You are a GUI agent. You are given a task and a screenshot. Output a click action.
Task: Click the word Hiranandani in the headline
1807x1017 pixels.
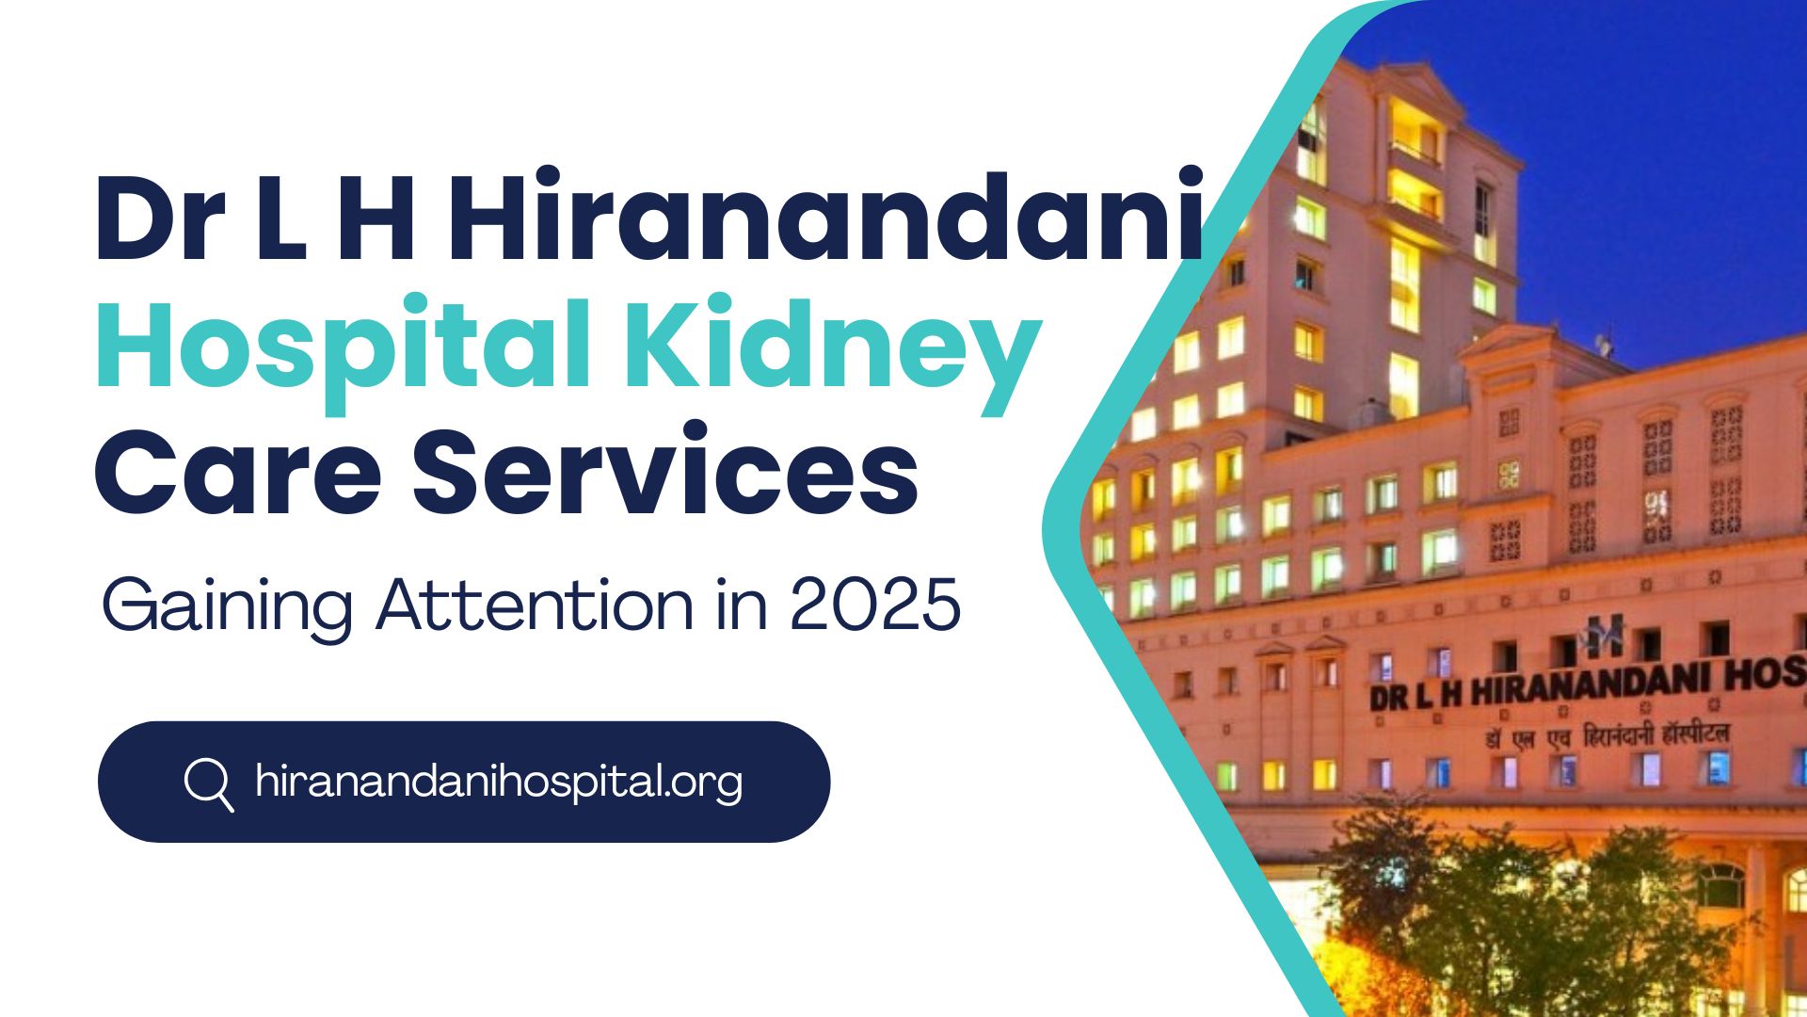(826, 215)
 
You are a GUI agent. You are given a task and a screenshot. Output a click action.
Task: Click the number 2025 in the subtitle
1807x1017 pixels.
(875, 605)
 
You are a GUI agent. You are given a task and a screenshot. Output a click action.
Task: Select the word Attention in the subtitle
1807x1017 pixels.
(536, 605)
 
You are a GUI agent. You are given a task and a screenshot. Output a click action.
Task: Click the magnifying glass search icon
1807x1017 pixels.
(209, 783)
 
